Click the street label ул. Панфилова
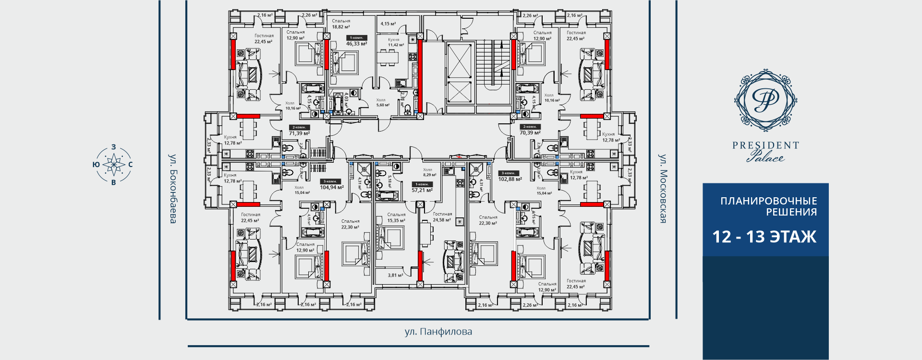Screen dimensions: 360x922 tap(438, 332)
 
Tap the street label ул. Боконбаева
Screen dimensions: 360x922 tap(173, 189)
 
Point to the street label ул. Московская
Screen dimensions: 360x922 tap(663, 189)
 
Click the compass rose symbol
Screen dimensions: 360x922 tap(113, 165)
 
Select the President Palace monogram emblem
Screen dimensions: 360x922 tap(765, 100)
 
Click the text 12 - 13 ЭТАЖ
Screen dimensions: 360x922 tap(764, 237)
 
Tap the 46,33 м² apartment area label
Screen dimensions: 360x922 tap(357, 44)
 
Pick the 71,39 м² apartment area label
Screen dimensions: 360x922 tap(299, 133)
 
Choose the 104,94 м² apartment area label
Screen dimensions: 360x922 tap(332, 187)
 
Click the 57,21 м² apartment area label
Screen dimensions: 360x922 tap(422, 190)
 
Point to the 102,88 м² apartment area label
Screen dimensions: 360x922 tap(510, 179)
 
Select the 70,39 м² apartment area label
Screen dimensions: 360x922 tap(530, 132)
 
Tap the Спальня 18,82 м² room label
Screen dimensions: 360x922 tap(341, 24)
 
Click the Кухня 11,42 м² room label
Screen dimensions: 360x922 tap(396, 42)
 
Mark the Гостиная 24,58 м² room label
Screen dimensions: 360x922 tap(442, 217)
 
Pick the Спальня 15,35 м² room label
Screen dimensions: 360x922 tap(396, 217)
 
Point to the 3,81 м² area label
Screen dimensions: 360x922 tap(395, 276)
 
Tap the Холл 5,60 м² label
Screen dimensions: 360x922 tap(383, 103)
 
